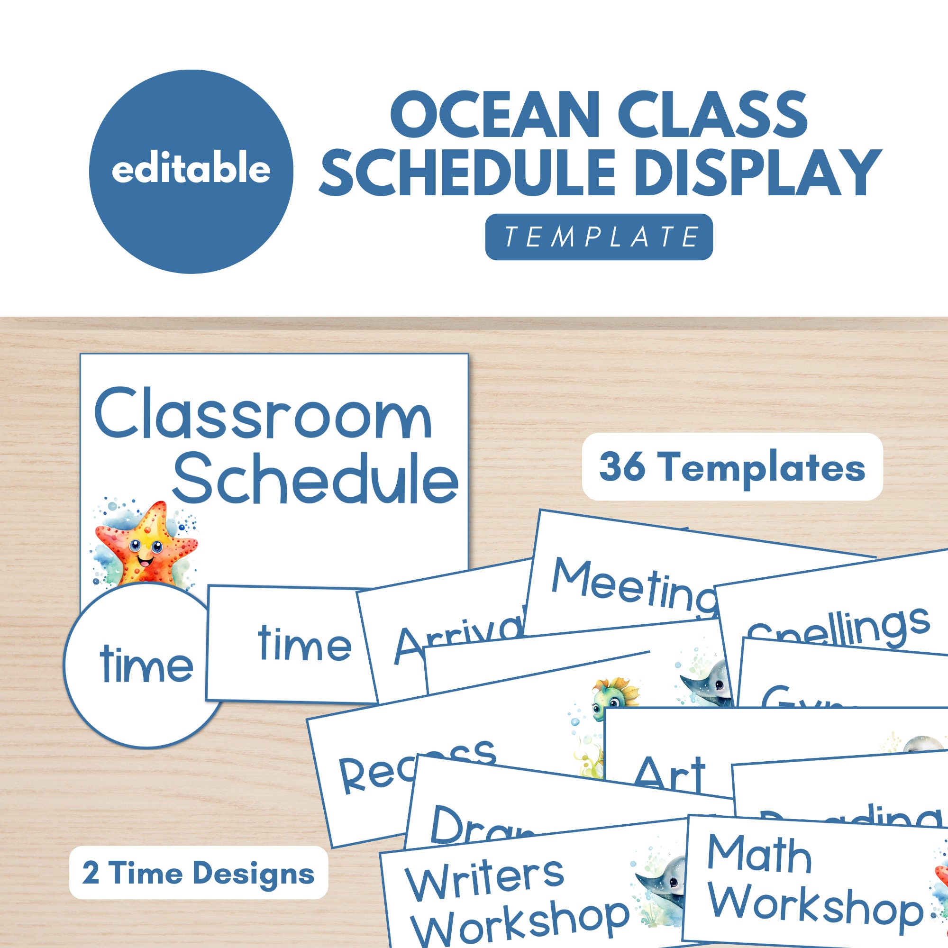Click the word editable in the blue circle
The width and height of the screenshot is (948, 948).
[x=191, y=169]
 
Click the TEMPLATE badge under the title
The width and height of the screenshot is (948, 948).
[x=599, y=237]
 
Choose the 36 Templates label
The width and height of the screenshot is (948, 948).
[x=732, y=467]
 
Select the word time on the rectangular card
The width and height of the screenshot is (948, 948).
[x=305, y=643]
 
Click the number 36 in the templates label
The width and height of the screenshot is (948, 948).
[x=622, y=467]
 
